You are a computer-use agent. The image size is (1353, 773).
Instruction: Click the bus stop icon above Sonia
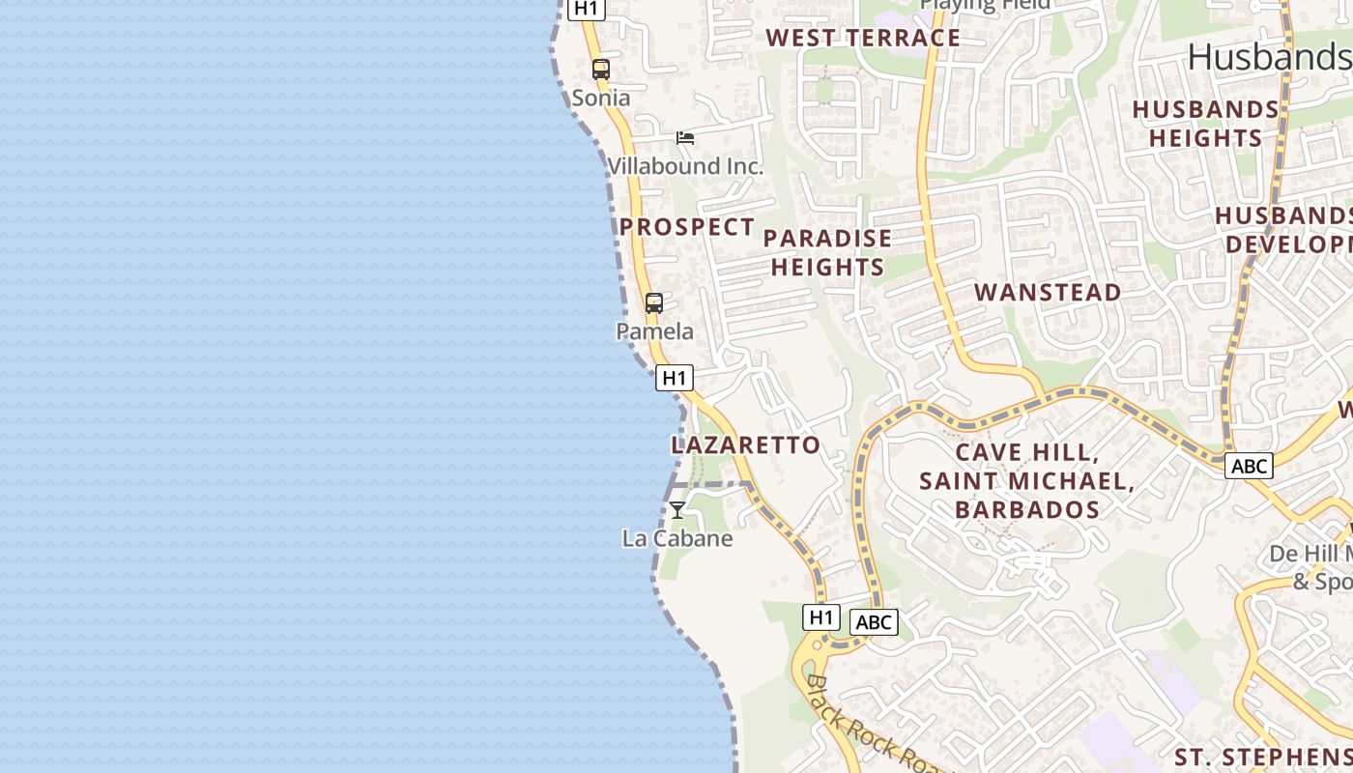[x=601, y=70]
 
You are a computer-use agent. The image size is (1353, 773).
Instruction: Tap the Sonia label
[x=601, y=98]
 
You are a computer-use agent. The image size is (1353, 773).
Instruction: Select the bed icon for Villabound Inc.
[x=685, y=138]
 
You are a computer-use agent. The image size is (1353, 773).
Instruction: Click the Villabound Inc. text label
[x=685, y=166]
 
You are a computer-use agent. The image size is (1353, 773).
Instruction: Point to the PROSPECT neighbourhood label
[x=687, y=227]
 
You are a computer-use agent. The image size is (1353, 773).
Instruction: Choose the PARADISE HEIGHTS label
[x=828, y=252]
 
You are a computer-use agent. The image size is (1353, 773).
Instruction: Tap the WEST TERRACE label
[x=863, y=39]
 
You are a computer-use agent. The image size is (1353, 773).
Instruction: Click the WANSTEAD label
[x=1048, y=293]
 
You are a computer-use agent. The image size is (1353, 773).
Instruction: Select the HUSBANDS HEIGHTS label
[x=1206, y=124]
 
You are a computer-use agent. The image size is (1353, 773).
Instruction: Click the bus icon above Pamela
[x=654, y=303]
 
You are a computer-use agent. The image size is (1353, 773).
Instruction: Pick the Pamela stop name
[x=655, y=331]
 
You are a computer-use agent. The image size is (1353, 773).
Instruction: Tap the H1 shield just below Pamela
[x=675, y=378]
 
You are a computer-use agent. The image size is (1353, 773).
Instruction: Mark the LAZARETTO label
[x=745, y=445]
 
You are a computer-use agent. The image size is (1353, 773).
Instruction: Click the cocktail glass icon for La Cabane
[x=677, y=510]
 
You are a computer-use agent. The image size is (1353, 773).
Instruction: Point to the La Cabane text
[x=677, y=538]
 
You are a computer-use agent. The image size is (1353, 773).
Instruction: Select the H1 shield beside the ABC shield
[x=820, y=616]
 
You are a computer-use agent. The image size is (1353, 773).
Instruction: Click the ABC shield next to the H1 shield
[x=874, y=622]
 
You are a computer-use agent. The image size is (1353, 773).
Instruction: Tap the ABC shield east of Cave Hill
[x=1249, y=467]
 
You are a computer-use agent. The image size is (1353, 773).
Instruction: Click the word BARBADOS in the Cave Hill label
[x=1027, y=509]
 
